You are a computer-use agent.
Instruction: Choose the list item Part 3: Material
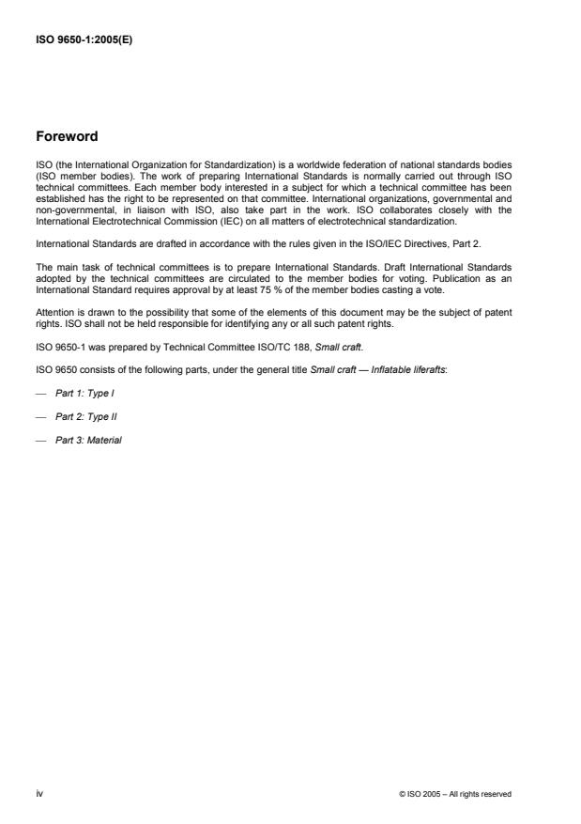coord(88,441)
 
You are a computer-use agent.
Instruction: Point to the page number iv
coord(39,794)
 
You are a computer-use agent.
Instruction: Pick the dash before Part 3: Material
coord(40,441)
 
